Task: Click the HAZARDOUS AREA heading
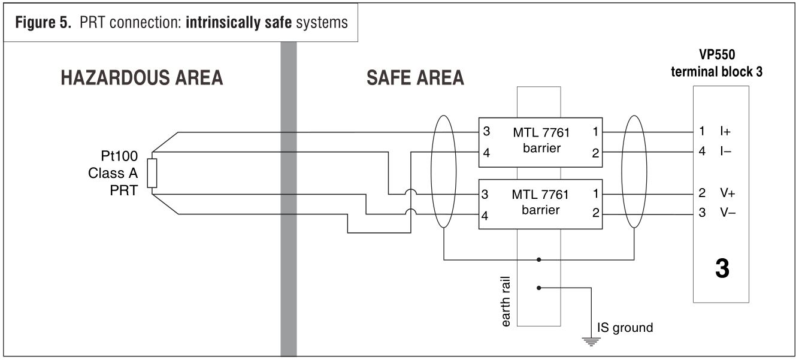[x=141, y=78]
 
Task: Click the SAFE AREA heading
[x=415, y=78]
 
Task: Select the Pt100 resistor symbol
[x=152, y=173]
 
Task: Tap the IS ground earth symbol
[x=591, y=342]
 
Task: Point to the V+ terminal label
[x=728, y=193]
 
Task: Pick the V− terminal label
[x=728, y=213]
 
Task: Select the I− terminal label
[x=726, y=152]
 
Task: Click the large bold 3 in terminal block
[x=722, y=269]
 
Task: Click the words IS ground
[x=625, y=328]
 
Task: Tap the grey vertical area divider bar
[x=289, y=198]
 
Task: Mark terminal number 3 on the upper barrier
[x=486, y=131]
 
